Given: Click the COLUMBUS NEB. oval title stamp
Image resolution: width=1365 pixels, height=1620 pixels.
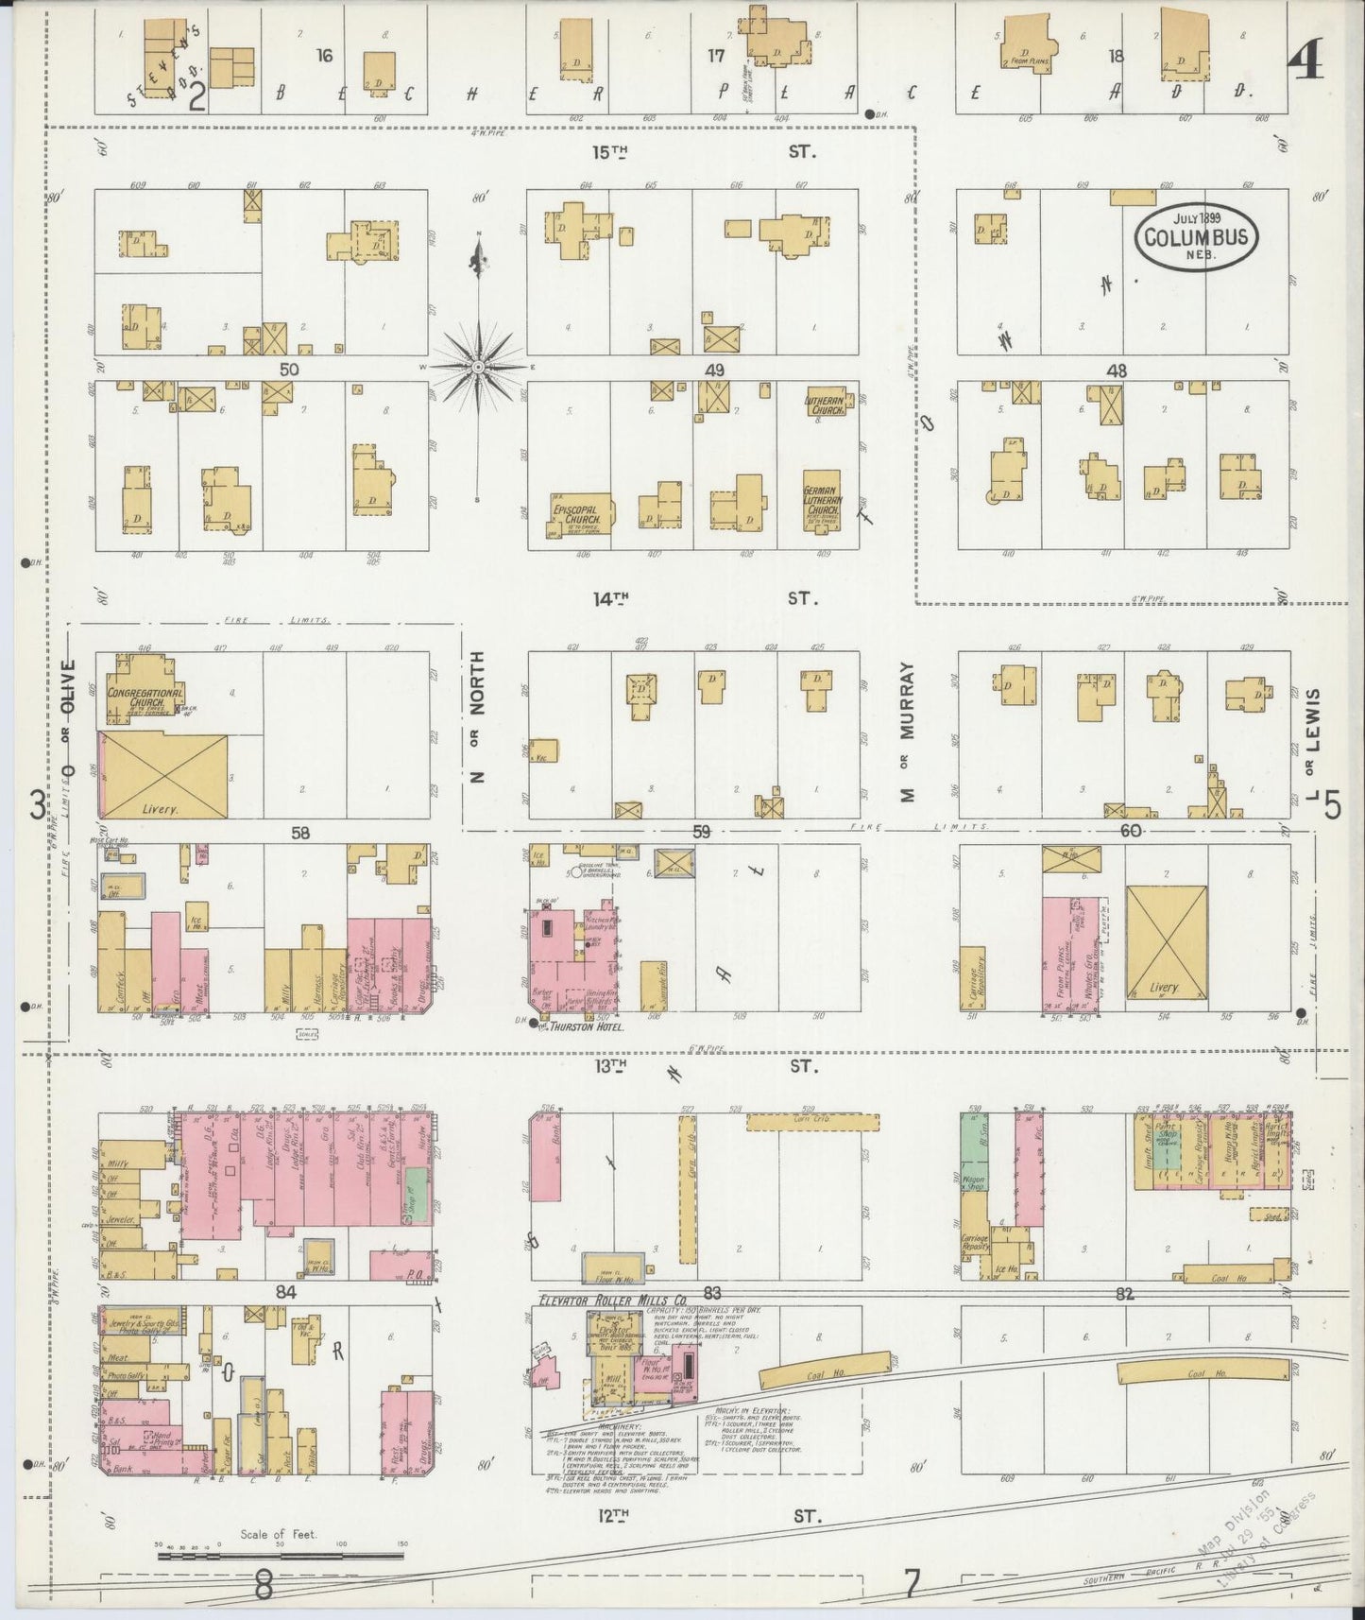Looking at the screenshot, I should tap(1196, 236).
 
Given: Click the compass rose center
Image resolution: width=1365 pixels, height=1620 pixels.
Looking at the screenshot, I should tap(478, 366).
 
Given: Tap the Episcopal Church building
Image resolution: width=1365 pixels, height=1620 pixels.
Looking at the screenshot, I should tap(579, 516).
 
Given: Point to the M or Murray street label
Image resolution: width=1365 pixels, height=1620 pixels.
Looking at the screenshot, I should tap(908, 732).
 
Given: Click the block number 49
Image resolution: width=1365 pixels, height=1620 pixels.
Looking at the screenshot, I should tap(714, 371).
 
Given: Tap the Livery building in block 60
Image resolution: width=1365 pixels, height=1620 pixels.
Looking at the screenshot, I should tap(1167, 942).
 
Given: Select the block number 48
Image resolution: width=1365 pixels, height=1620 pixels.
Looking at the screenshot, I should tap(1117, 371).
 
